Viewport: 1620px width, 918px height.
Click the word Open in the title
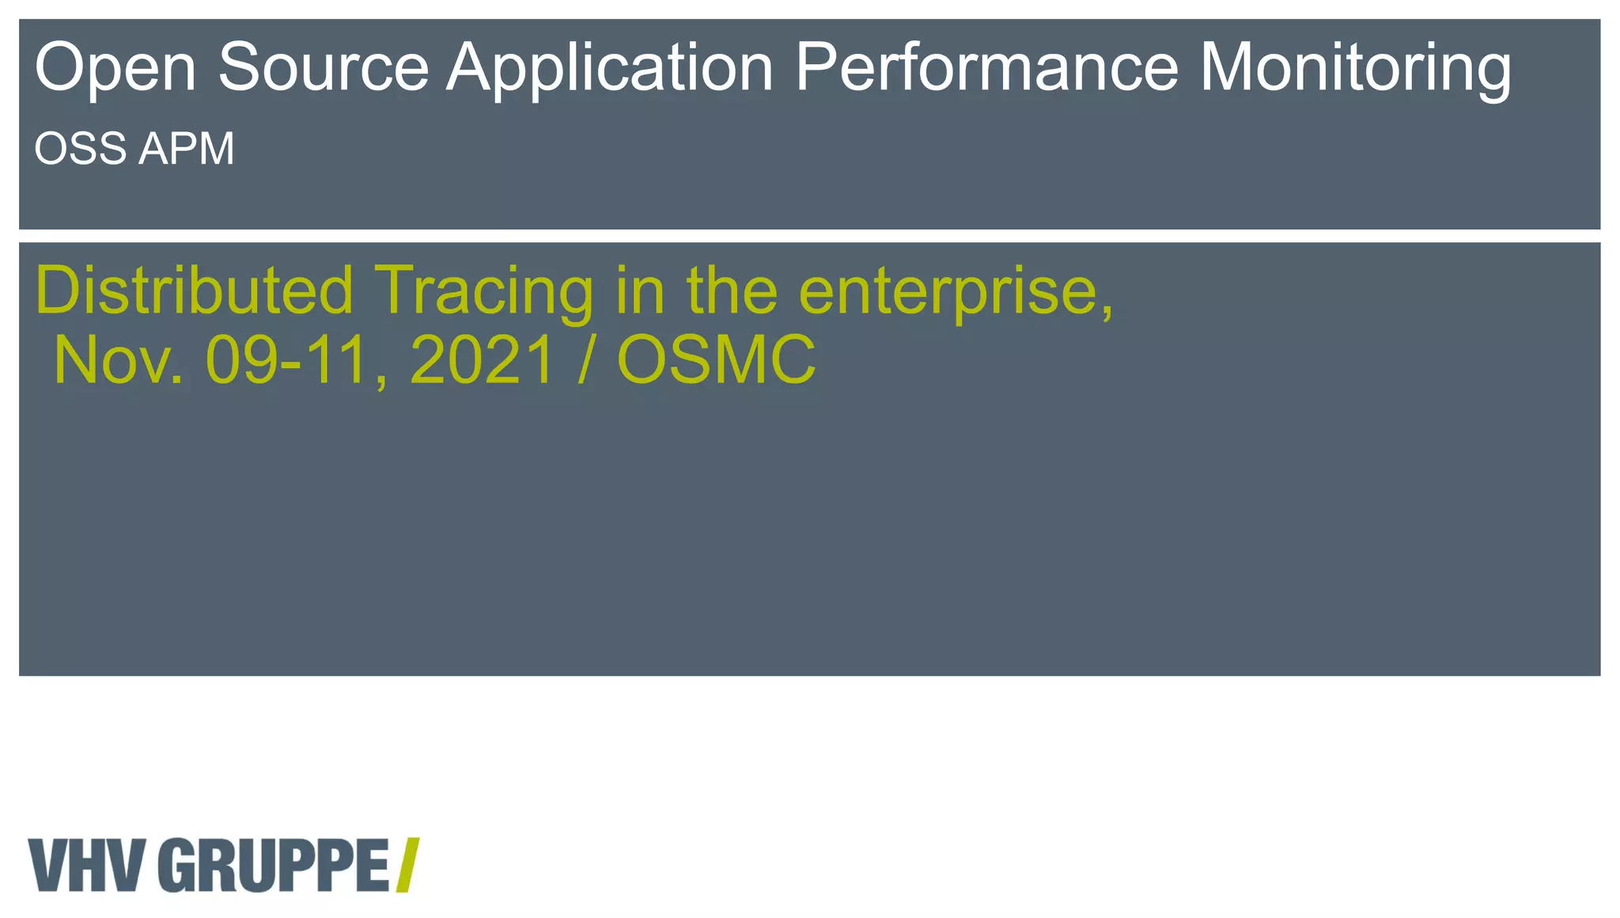coord(115,69)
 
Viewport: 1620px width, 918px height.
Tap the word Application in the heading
coord(610,69)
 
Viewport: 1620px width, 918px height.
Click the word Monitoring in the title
coord(1355,69)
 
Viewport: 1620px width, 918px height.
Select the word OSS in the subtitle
coord(81,149)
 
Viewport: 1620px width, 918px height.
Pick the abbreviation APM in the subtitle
coord(187,149)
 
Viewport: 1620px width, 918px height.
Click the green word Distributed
coord(195,290)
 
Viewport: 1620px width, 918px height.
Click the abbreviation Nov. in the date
coord(119,361)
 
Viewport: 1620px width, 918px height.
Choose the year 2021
coord(482,361)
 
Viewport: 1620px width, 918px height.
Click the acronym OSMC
coord(716,361)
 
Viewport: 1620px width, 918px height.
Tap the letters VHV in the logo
coord(87,865)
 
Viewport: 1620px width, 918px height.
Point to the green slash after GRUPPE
coord(407,865)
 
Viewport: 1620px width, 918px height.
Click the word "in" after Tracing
coord(638,290)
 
